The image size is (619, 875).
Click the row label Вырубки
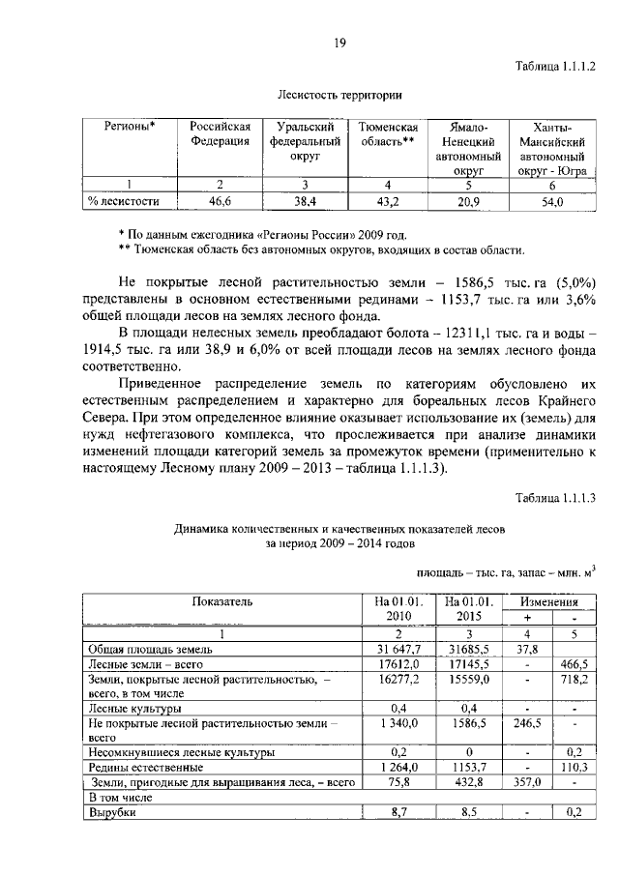[111, 813]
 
